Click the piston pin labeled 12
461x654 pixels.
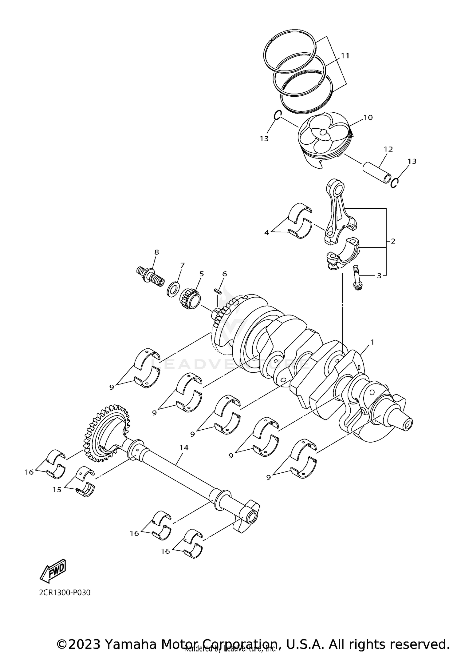376,172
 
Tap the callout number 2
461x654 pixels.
393,241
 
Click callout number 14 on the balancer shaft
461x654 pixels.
184,448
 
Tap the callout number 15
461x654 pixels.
57,490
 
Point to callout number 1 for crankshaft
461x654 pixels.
372,342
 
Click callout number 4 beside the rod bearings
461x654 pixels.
266,233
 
